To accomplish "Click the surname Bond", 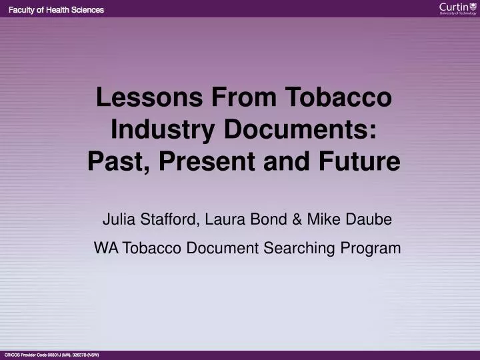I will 272,219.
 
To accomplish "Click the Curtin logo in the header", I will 457,9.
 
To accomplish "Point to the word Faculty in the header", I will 23,9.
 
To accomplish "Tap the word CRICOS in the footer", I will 13,355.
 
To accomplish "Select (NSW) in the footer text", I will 91,355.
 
